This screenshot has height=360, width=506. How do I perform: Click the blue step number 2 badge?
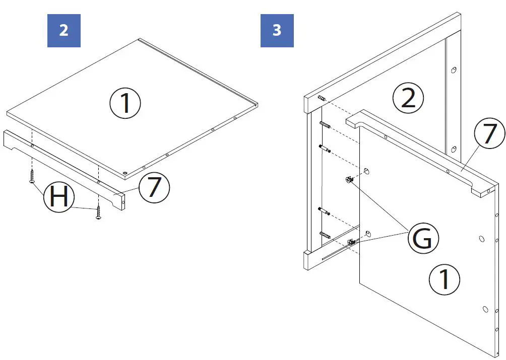tap(64, 30)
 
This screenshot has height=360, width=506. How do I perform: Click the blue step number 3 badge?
tap(277, 30)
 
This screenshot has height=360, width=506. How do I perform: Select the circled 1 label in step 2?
tap(125, 104)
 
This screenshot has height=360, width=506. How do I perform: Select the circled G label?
tap(422, 238)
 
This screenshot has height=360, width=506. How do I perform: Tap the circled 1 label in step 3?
tap(445, 279)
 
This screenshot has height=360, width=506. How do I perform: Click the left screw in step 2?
tap(32, 176)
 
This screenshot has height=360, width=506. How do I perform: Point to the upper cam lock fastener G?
tap(348, 179)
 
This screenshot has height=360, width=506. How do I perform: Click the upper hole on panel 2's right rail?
tap(454, 70)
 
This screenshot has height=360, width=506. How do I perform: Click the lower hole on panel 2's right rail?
tap(454, 149)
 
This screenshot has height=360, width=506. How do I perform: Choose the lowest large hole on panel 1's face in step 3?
tap(485, 309)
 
